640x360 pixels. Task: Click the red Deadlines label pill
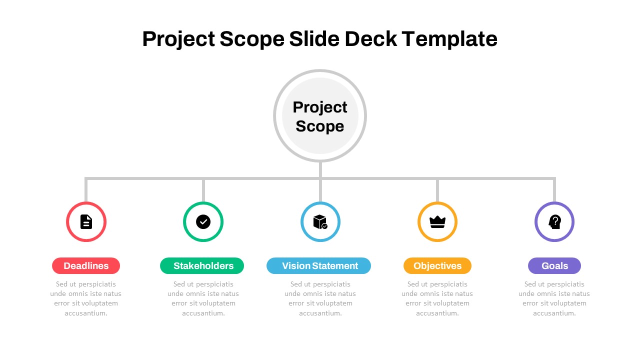point(86,265)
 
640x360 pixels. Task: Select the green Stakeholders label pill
point(202,265)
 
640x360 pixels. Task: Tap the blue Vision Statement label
point(318,265)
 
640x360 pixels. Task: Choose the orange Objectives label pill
point(437,265)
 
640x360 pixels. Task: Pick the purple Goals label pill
point(554,265)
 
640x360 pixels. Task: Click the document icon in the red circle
point(86,221)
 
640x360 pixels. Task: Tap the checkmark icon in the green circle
point(203,221)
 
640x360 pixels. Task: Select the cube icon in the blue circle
point(320,222)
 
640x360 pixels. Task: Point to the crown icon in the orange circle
point(437,222)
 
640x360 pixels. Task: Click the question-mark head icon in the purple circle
point(554,221)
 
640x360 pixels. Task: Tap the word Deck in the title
point(370,39)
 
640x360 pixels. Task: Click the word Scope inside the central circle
point(319,126)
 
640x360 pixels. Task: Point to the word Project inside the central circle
point(319,108)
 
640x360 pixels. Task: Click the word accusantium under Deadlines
point(86,313)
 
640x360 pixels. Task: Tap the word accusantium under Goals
point(554,313)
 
